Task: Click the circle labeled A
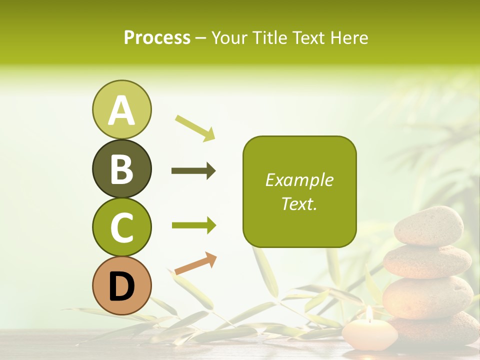[x=121, y=110]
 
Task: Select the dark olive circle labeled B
[x=121, y=169]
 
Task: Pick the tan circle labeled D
[x=121, y=286]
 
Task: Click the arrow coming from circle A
[x=195, y=128]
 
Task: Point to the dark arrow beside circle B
[x=193, y=171]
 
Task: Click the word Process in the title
[x=157, y=38]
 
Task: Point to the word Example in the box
[x=299, y=180]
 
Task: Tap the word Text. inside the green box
[x=299, y=203]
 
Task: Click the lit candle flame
[x=369, y=313]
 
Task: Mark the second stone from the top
[x=427, y=261]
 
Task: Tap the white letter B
[x=121, y=169]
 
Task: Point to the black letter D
[x=121, y=286]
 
